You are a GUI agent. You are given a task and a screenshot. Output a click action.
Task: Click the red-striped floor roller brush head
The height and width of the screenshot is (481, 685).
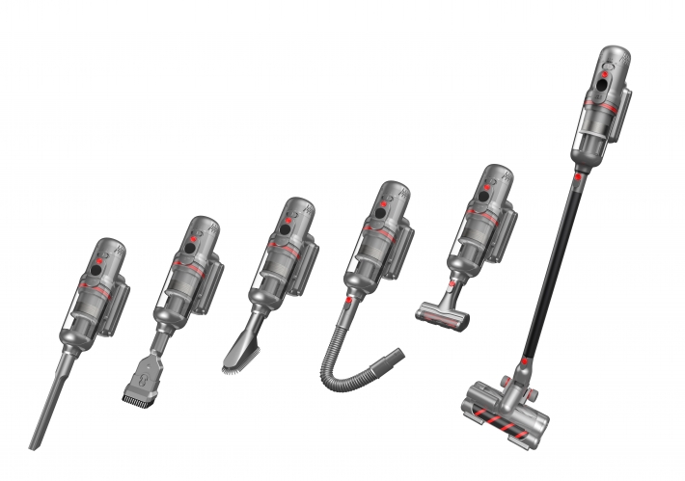pos(507,407)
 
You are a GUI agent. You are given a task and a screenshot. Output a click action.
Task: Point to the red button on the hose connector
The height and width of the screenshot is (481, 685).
pos(346,301)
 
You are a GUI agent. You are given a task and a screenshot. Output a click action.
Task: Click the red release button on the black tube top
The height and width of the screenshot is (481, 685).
pos(576,177)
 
